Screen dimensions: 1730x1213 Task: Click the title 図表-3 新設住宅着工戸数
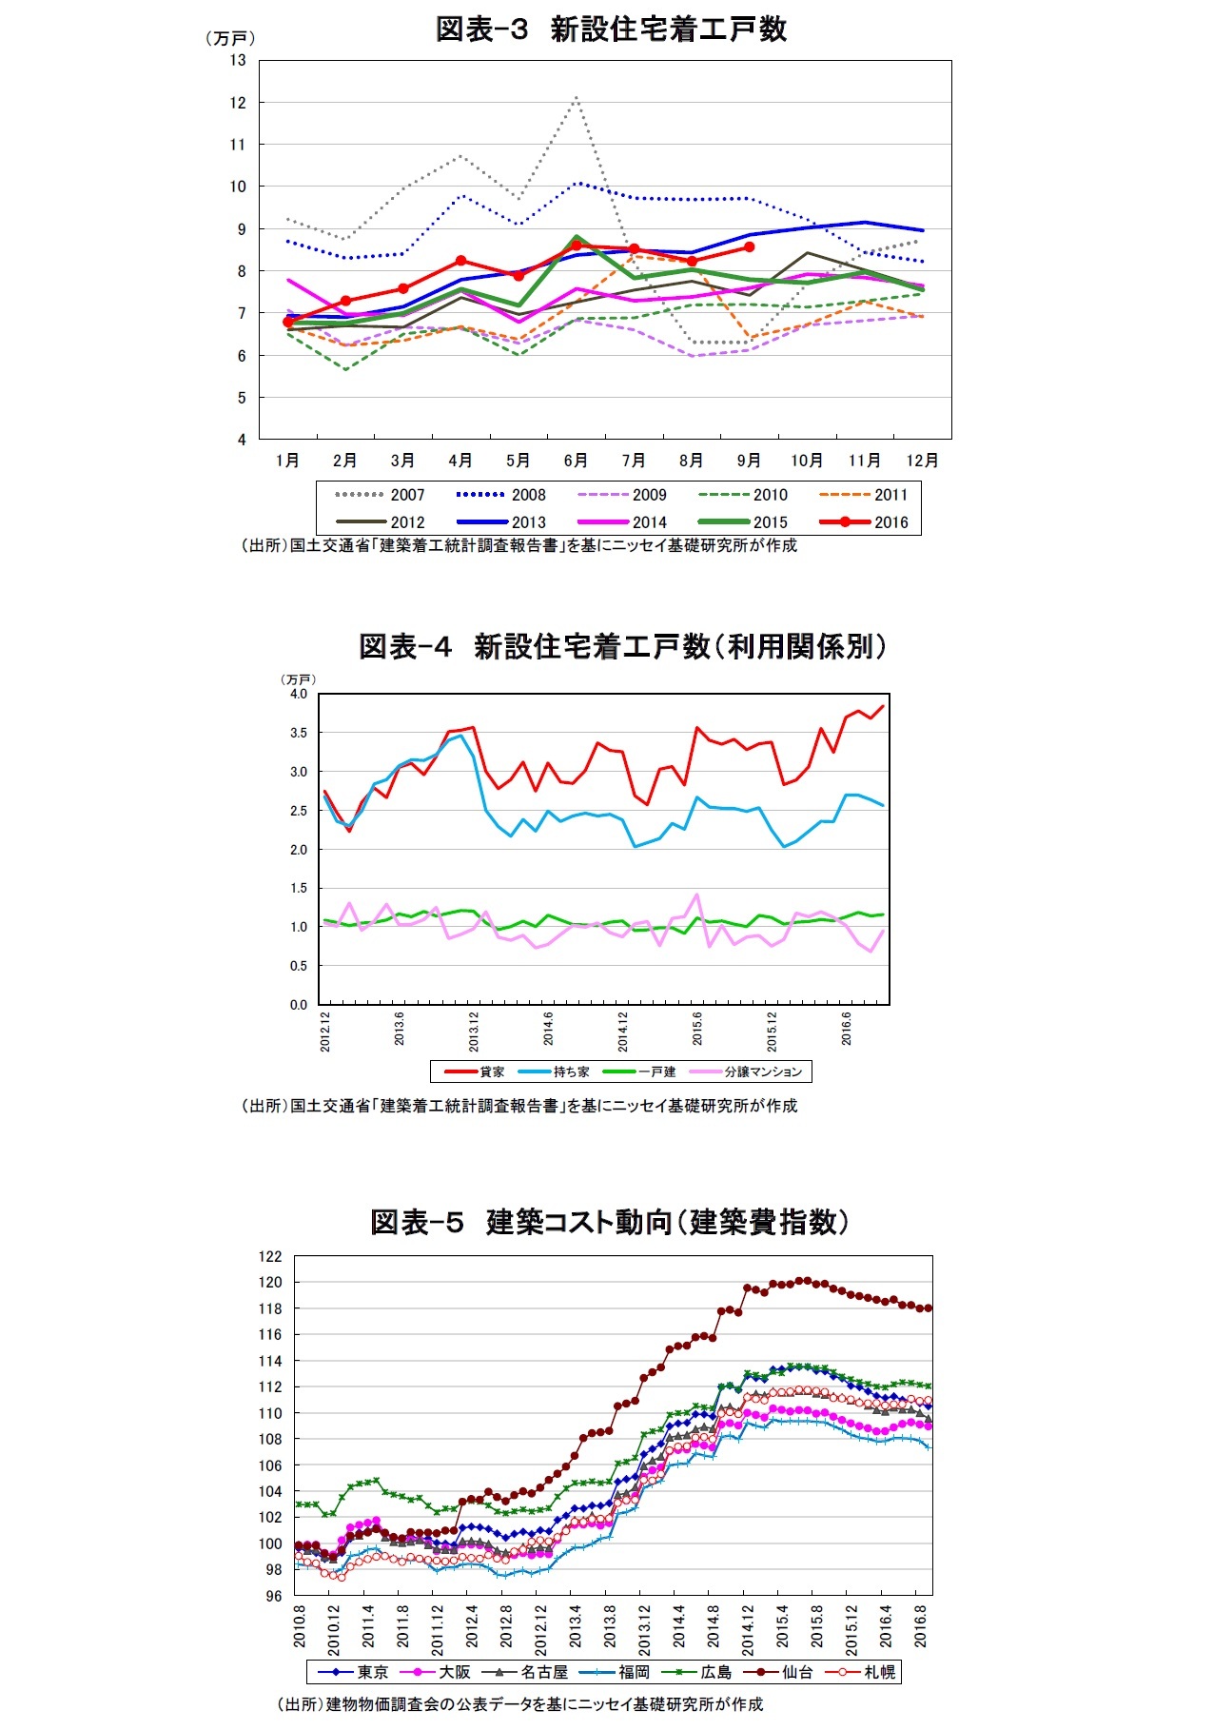point(611,29)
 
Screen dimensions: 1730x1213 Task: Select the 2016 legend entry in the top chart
point(865,521)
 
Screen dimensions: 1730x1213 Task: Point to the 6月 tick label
point(576,461)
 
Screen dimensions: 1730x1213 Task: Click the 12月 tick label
point(921,461)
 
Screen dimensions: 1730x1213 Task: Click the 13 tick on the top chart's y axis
point(237,60)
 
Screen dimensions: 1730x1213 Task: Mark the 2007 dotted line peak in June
point(577,97)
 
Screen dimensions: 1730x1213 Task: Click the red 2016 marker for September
point(750,246)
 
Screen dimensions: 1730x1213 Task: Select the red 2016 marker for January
point(288,322)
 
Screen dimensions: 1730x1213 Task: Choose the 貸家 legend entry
point(476,1071)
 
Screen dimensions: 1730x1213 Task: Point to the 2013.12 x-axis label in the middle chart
point(474,1032)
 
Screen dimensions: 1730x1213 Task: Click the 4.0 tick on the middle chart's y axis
point(299,694)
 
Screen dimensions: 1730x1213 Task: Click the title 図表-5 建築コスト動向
point(609,1222)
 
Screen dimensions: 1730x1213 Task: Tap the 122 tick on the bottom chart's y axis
point(270,1256)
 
